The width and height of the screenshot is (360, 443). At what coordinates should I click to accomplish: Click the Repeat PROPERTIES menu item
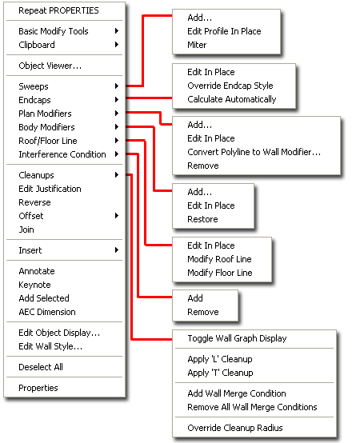point(58,11)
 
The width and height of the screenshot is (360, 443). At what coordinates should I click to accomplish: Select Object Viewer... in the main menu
point(50,66)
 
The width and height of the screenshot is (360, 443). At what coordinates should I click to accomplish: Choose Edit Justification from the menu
point(50,189)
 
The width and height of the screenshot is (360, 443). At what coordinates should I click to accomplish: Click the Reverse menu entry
point(34,202)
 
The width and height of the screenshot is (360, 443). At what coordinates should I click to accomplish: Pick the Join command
point(26,229)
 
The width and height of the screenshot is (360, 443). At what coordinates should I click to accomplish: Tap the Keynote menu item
point(34,285)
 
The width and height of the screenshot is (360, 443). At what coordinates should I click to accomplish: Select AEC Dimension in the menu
point(46,312)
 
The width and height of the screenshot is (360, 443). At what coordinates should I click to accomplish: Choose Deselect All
point(40,367)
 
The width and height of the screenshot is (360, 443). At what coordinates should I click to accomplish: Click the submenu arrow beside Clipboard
point(117,46)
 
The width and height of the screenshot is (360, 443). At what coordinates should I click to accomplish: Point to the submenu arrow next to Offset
point(117,216)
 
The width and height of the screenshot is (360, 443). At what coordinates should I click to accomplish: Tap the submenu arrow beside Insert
point(117,250)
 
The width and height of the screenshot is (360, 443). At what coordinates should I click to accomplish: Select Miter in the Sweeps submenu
point(198,45)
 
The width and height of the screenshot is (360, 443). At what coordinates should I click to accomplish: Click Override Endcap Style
point(230,86)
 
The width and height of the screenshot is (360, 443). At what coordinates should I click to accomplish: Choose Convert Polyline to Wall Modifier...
point(254,152)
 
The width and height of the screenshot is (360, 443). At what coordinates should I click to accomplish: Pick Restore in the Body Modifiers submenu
point(202,219)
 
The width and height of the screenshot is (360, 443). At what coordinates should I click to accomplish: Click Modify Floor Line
point(219,273)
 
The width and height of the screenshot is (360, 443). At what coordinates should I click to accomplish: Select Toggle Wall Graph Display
point(237,338)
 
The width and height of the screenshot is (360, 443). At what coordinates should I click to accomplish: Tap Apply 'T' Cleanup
point(220,373)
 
